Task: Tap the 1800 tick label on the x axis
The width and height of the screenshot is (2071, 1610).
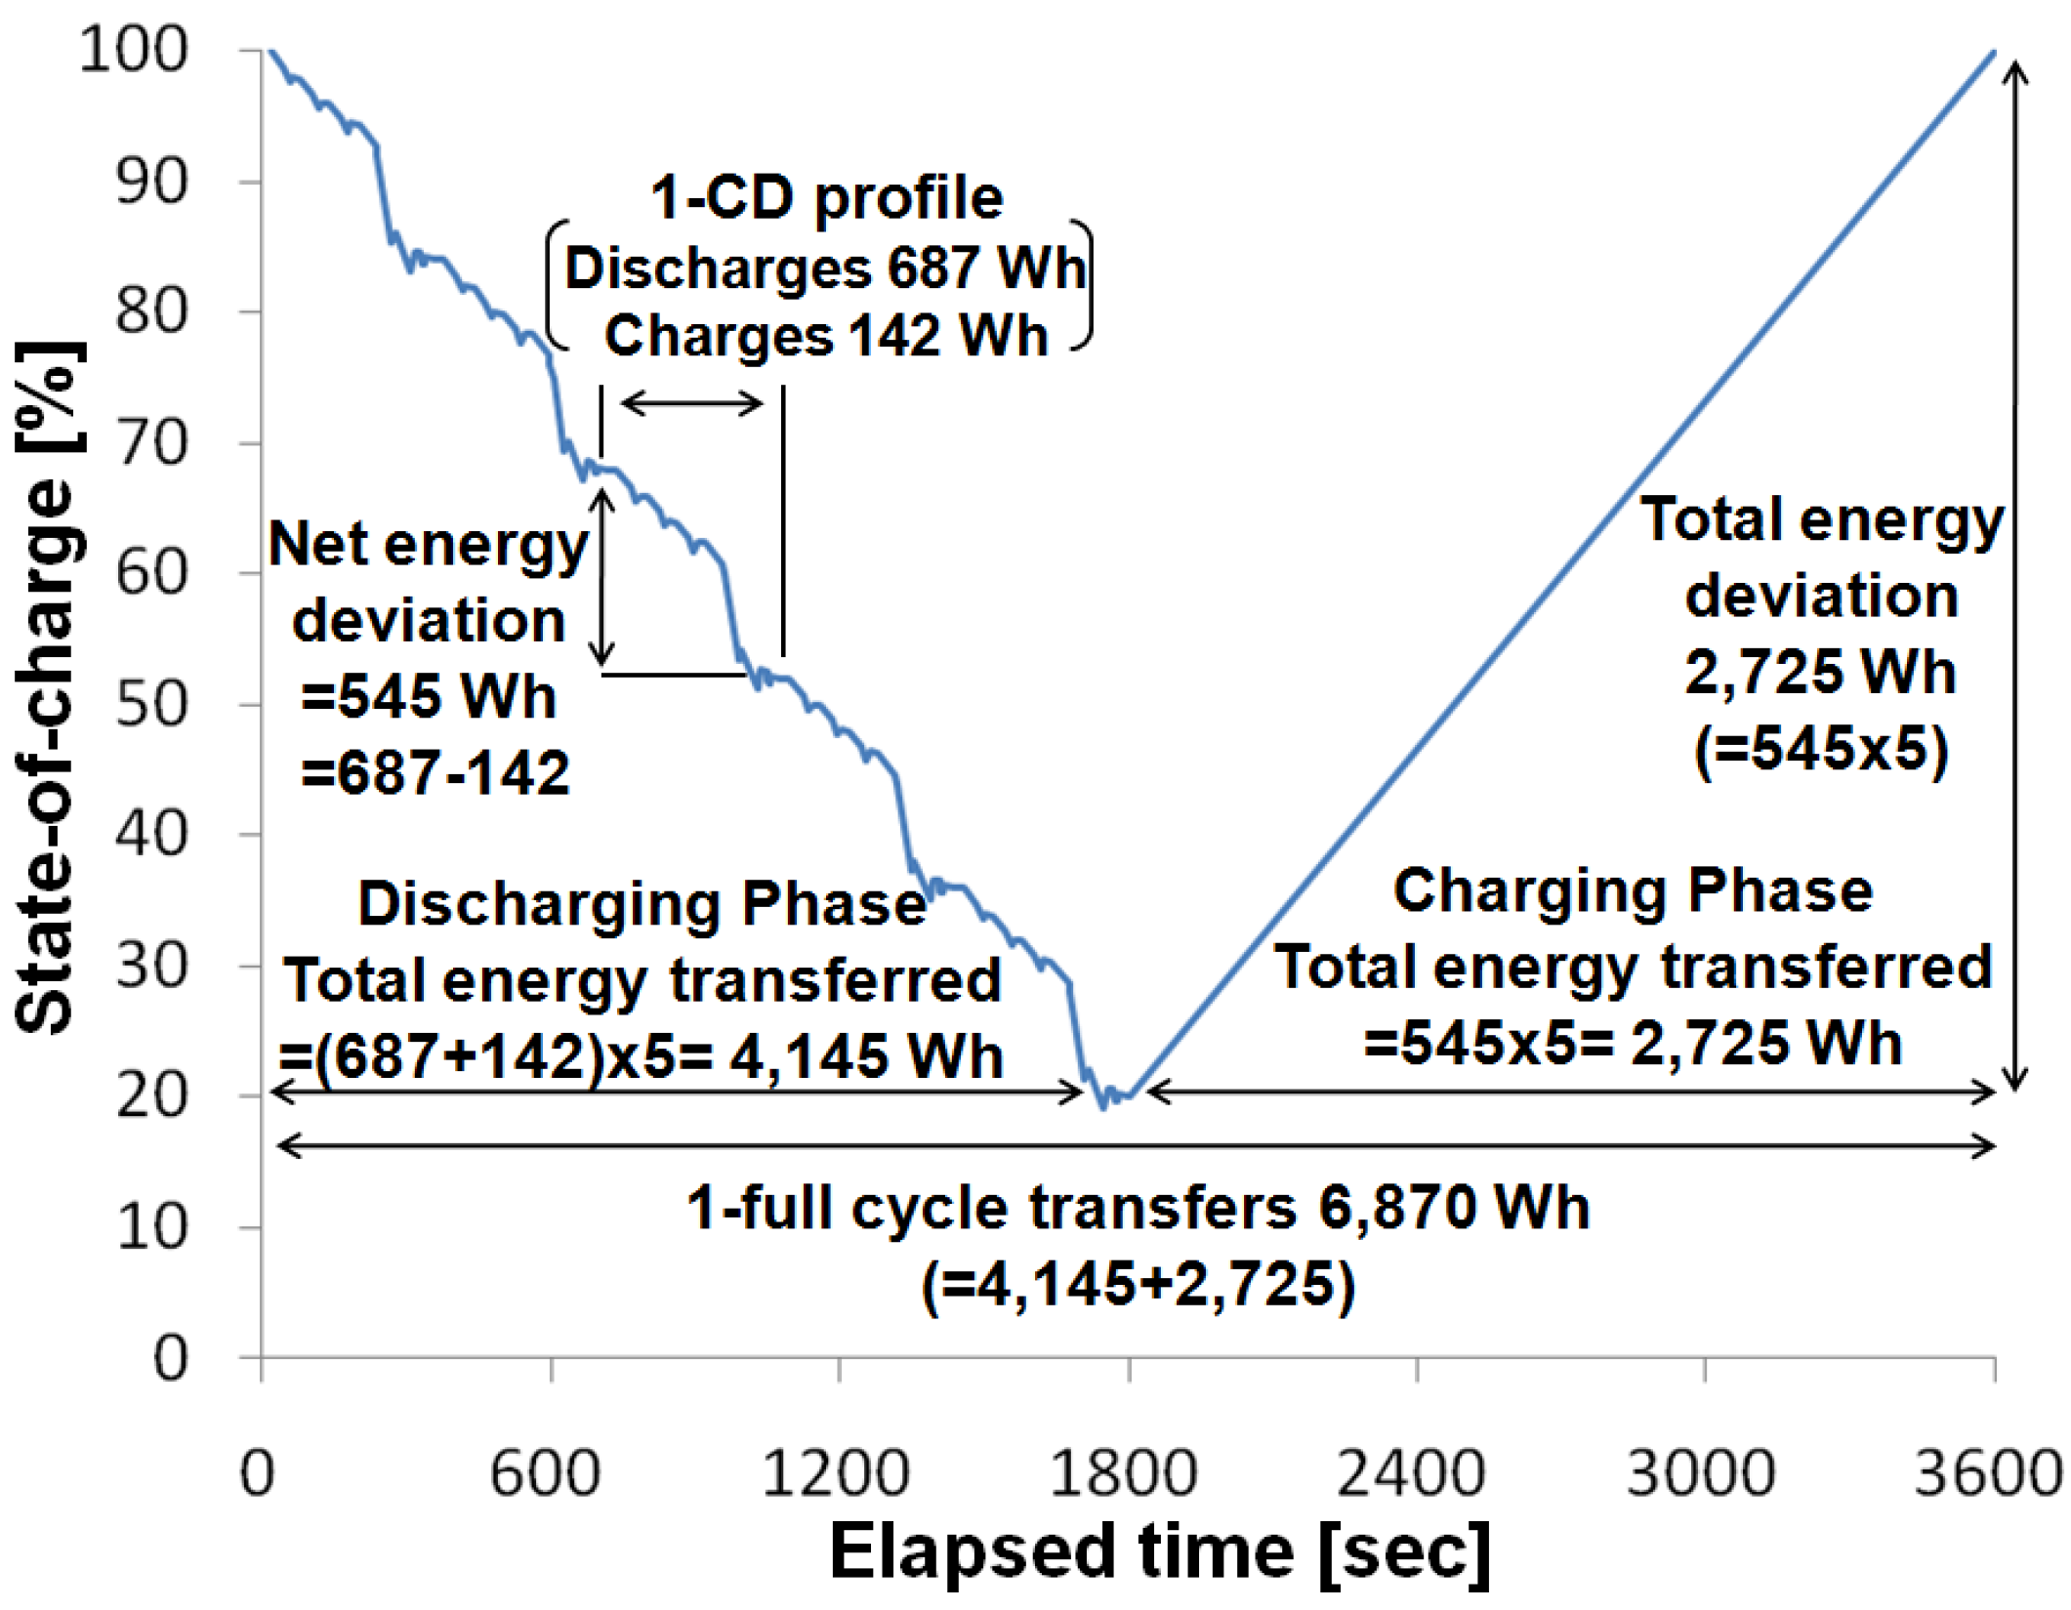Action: pyautogui.click(x=1124, y=1472)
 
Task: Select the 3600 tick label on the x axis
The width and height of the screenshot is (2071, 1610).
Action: pyautogui.click(x=1987, y=1472)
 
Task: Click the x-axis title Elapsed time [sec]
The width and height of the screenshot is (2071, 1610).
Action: pyautogui.click(x=1160, y=1552)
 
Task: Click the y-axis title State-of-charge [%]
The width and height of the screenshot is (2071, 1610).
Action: pyautogui.click(x=47, y=688)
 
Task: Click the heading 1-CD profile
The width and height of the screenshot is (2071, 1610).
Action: pyautogui.click(x=826, y=198)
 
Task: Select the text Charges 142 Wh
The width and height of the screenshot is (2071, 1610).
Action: pyautogui.click(x=826, y=336)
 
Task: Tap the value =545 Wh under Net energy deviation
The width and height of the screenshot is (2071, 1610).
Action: pyautogui.click(x=429, y=697)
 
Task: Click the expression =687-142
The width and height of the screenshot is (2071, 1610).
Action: pyautogui.click(x=435, y=773)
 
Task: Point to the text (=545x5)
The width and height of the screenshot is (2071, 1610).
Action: pyautogui.click(x=1821, y=750)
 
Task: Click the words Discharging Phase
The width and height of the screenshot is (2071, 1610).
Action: pyautogui.click(x=642, y=903)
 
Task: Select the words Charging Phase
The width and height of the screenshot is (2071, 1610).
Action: pyautogui.click(x=1633, y=890)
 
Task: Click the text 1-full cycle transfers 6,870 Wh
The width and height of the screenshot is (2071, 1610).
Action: pyautogui.click(x=1138, y=1209)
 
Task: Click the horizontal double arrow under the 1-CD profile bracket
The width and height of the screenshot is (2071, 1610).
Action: pyautogui.click(x=691, y=402)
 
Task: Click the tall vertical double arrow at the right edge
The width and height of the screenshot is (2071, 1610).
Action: pyautogui.click(x=2015, y=576)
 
